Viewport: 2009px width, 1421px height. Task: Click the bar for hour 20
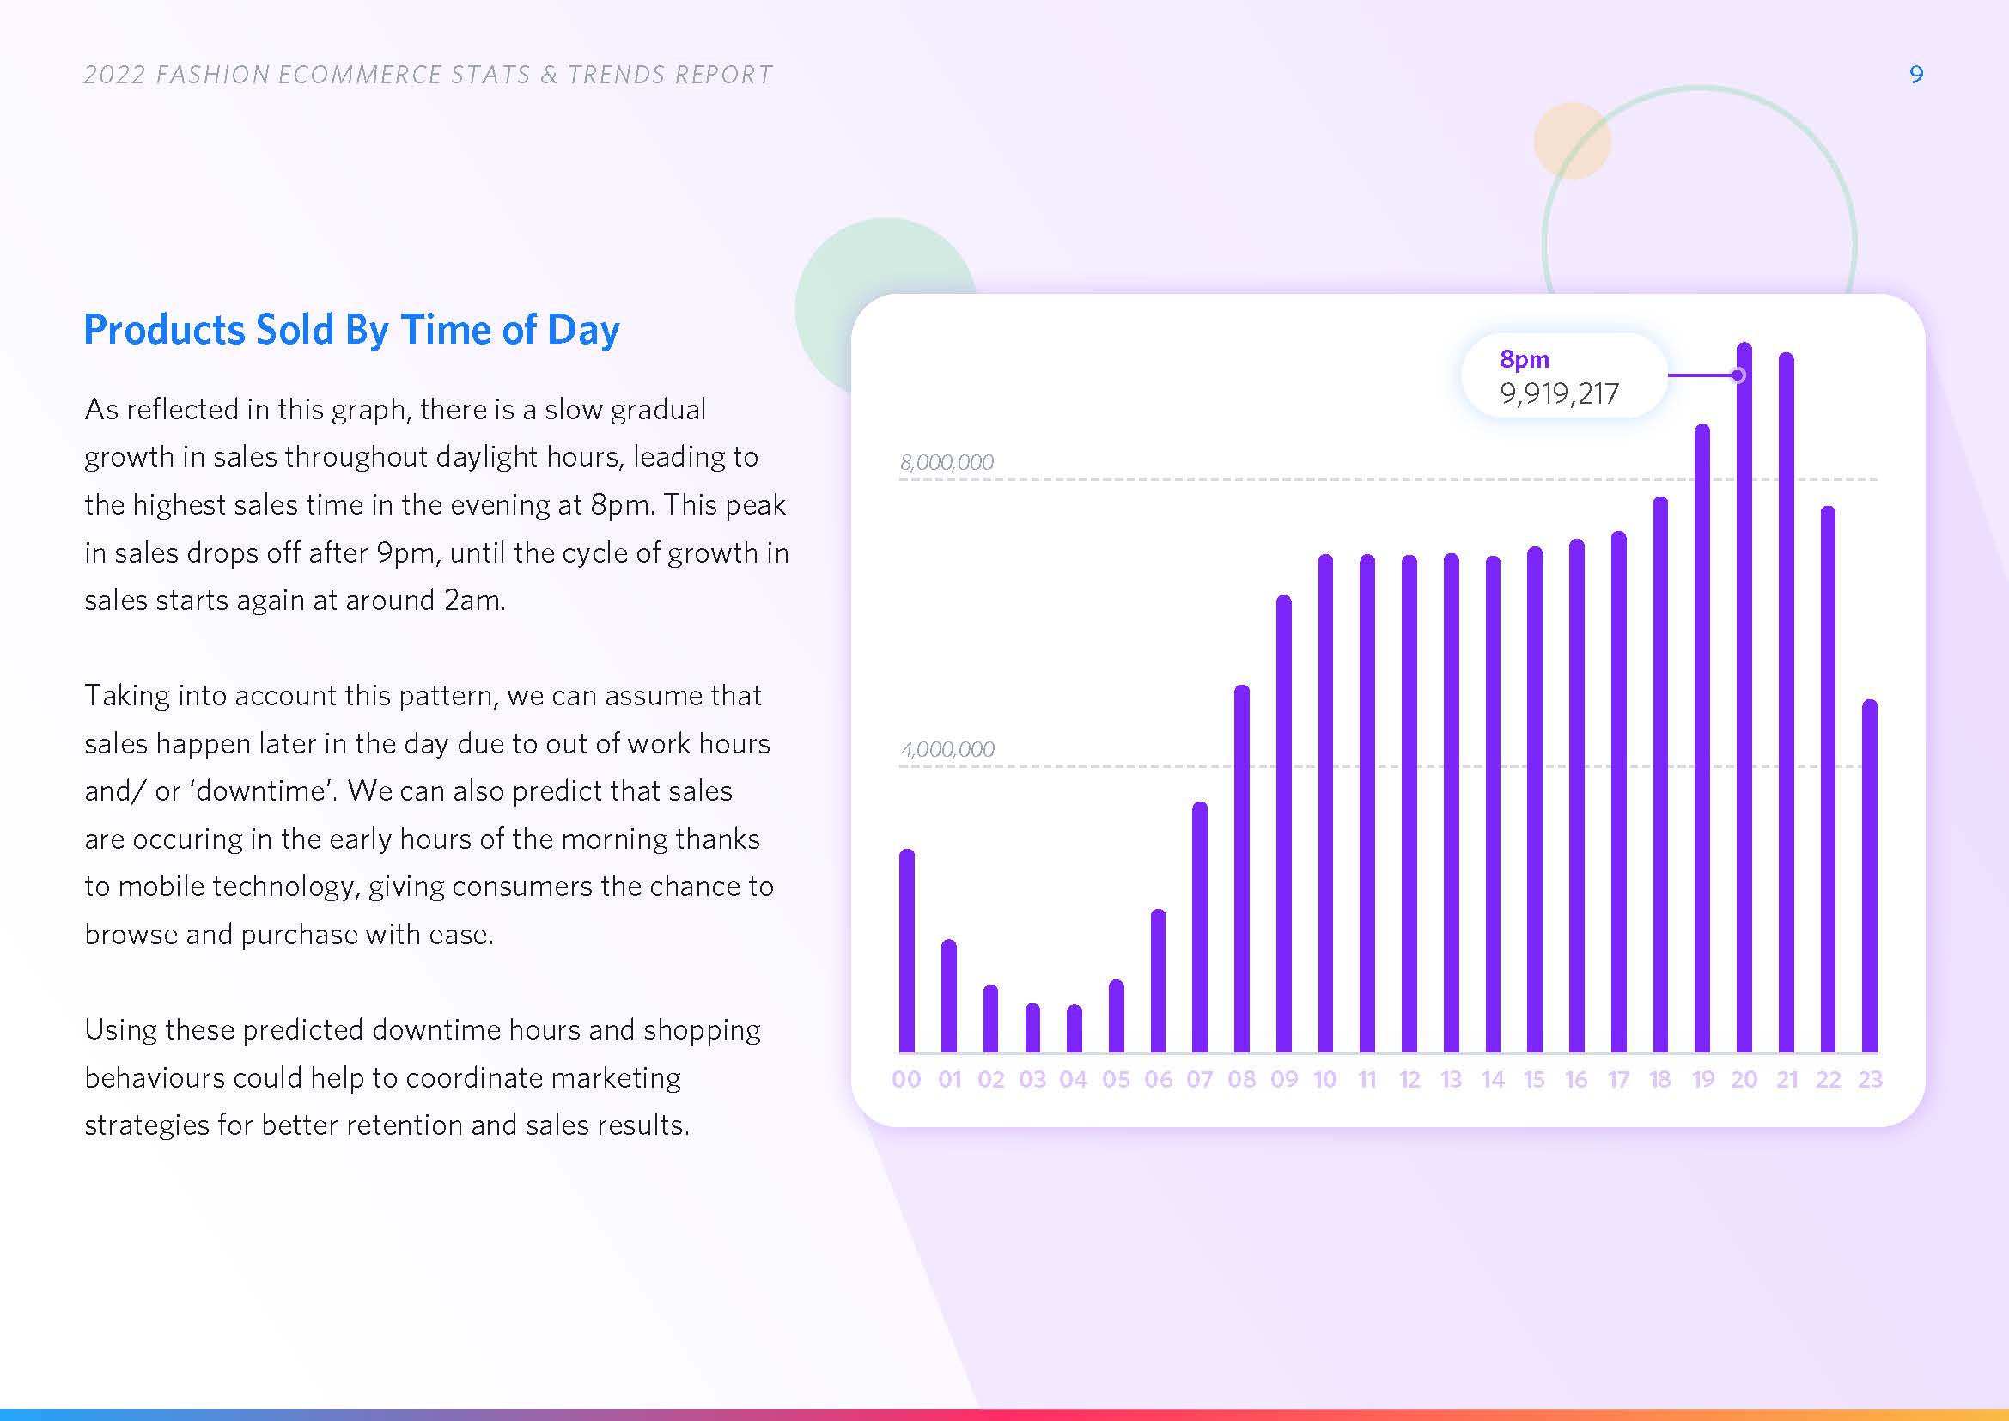1744,698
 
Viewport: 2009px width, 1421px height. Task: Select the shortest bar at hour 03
1032,1028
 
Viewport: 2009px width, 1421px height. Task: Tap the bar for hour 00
906,950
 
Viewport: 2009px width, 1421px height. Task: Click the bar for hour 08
1242,868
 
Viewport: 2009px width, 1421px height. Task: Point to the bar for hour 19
1702,739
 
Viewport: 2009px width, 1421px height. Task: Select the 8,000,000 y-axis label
947,462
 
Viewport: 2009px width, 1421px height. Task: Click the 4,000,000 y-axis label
947,749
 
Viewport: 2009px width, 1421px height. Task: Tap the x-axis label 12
1409,1080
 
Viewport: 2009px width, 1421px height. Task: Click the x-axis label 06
1158,1080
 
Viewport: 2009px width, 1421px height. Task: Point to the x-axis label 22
1828,1080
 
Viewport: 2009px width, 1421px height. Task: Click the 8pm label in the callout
1525,360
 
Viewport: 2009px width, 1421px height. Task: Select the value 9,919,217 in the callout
1559,393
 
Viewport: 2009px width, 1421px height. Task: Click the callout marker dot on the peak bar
1738,375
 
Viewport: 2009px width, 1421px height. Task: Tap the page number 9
1916,75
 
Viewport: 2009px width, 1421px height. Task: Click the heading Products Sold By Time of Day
352,330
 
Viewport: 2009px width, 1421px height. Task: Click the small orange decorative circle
1573,141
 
